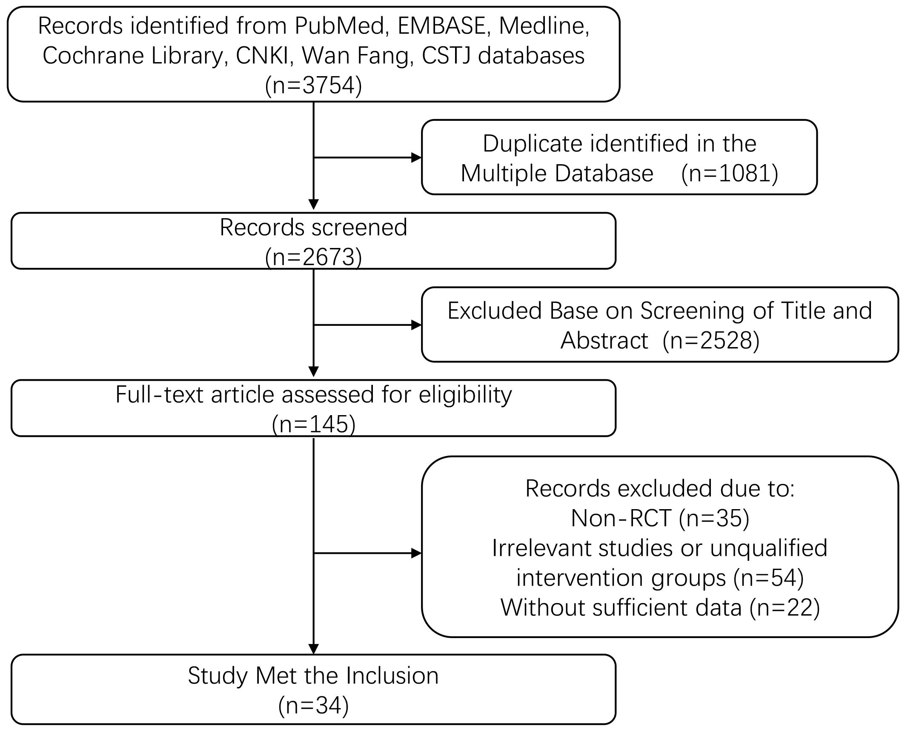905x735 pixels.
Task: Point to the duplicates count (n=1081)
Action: coord(730,173)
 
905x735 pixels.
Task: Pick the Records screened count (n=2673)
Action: coord(313,257)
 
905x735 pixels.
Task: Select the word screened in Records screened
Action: coord(355,227)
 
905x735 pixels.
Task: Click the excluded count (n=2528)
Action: coord(711,340)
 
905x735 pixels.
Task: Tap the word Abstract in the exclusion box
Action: coord(604,340)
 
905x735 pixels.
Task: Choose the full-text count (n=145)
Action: coord(313,424)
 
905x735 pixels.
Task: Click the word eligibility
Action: coord(465,395)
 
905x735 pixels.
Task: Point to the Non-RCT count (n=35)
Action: coord(714,518)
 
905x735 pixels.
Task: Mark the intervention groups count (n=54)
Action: coord(768,578)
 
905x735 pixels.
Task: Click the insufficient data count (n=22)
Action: coord(785,607)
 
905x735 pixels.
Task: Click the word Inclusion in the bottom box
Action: coord(392,675)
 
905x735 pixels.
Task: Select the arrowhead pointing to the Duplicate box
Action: coord(416,158)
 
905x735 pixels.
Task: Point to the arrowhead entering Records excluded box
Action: coord(416,553)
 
